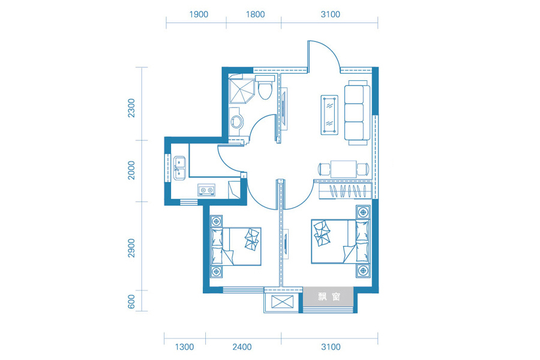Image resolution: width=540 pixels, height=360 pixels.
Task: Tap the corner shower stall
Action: point(241,91)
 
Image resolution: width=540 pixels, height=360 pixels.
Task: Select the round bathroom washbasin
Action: point(236,121)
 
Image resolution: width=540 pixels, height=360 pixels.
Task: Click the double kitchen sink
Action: point(179,168)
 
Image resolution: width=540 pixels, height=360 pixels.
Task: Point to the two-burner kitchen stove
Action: point(206,190)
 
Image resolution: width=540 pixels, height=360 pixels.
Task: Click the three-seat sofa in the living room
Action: point(357,113)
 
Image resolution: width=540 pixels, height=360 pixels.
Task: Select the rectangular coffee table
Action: point(329,115)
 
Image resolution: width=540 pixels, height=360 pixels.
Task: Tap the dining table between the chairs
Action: point(344,169)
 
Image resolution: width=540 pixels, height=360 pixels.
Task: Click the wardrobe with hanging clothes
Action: point(345,191)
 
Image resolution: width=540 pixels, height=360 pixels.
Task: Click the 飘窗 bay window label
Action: point(329,296)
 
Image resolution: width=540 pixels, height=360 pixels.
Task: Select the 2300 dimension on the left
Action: point(131,108)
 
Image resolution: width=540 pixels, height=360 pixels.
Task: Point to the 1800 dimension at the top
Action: point(255,14)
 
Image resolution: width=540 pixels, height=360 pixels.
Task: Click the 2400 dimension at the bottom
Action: point(242,347)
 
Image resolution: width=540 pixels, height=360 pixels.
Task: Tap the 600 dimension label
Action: point(131,302)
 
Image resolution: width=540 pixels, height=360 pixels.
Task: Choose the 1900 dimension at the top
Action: point(199,14)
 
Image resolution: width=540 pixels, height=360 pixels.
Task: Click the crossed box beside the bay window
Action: point(283,302)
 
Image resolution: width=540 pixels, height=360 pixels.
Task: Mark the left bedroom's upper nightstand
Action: point(216,221)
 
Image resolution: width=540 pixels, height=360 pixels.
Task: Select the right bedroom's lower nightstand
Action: point(362,271)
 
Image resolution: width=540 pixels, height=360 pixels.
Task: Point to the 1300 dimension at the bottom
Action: point(185,347)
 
